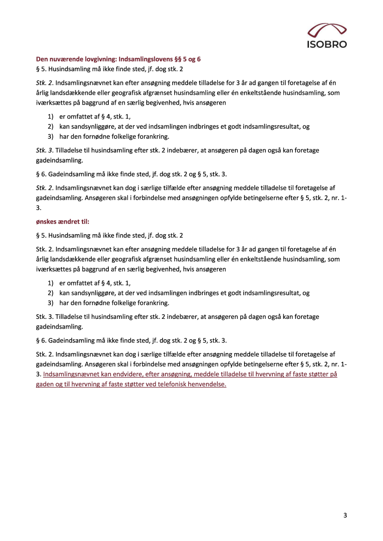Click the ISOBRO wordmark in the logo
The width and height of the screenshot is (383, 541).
pos(327,44)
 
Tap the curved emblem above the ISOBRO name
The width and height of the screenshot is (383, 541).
pos(327,31)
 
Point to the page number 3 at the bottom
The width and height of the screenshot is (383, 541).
pos(345,516)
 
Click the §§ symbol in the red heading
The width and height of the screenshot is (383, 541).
pos(177,59)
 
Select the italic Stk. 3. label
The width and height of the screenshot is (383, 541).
pos(44,150)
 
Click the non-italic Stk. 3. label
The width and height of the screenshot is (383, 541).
pos(44,317)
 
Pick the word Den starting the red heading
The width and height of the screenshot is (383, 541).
pos(42,59)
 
